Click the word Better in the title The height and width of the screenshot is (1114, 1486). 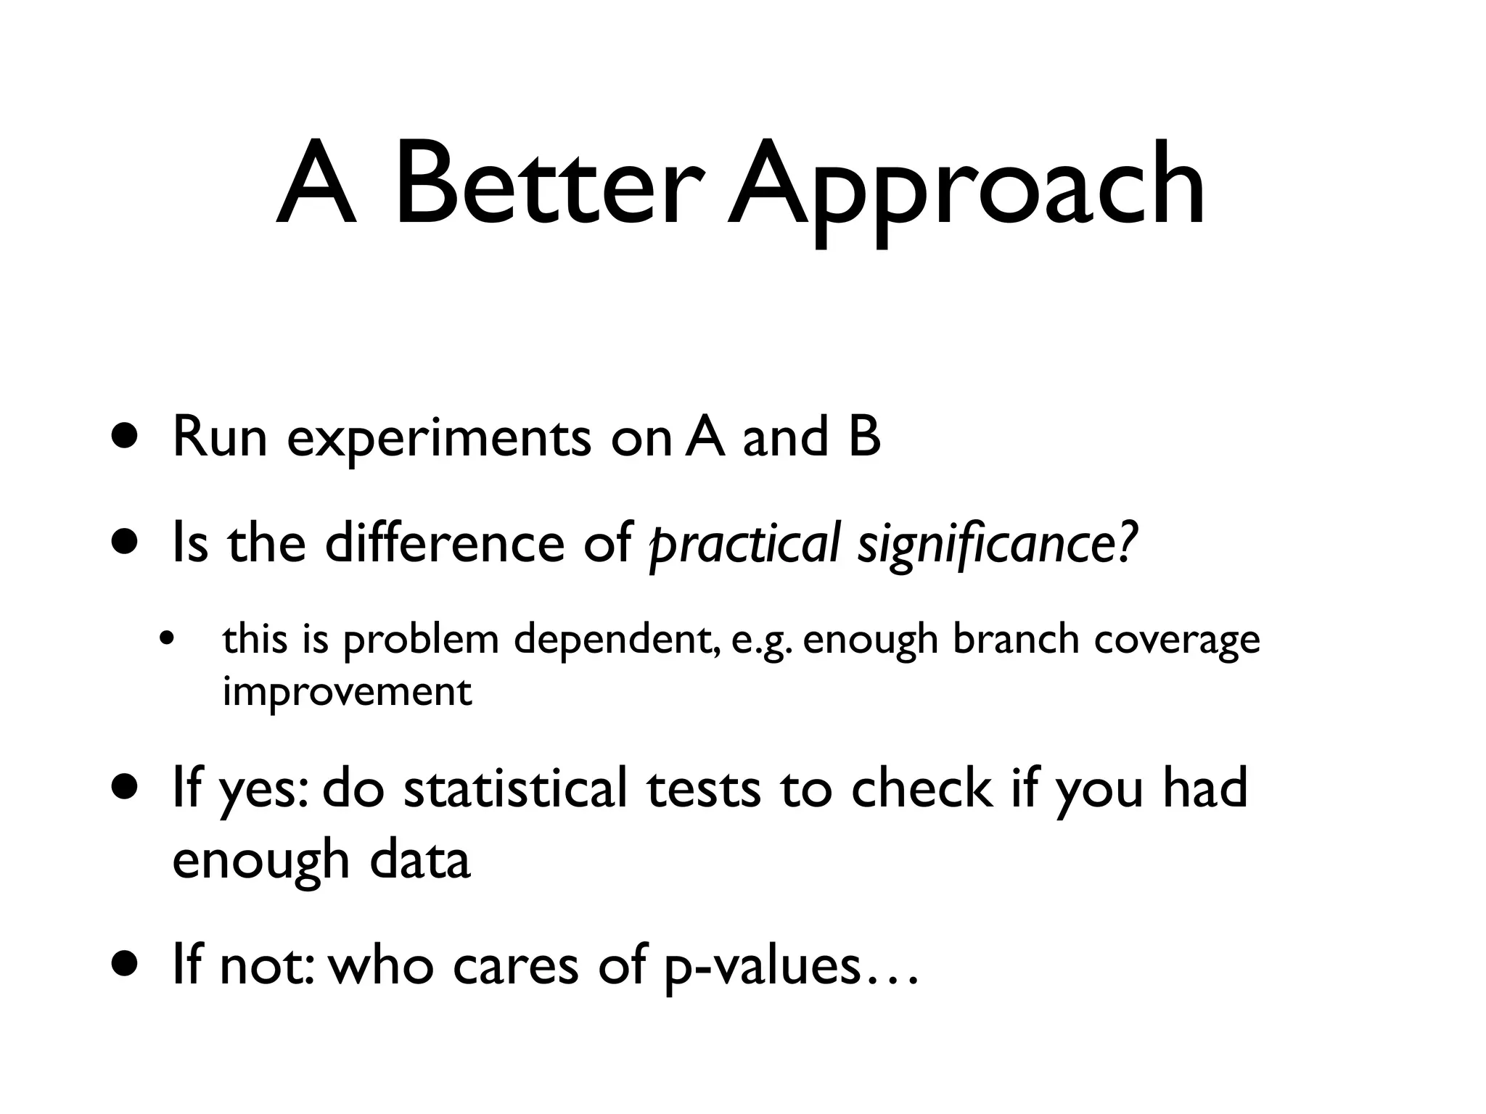(549, 186)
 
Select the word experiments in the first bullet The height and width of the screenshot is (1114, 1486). (439, 440)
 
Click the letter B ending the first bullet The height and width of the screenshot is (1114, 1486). (864, 437)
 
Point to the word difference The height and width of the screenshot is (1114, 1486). (444, 544)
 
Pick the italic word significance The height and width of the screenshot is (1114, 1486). (987, 545)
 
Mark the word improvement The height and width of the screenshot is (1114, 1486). (347, 692)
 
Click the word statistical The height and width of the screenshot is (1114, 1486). (515, 789)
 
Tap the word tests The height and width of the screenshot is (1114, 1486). (704, 789)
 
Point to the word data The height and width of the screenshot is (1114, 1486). (420, 860)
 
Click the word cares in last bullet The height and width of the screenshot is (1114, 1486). (515, 967)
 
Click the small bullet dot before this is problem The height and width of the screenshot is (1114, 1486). (168, 640)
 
